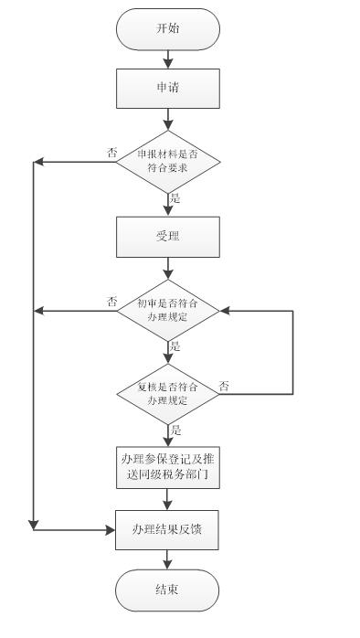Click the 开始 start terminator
tap(167, 28)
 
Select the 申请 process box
tap(167, 89)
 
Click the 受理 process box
tap(167, 237)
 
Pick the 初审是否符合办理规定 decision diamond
tap(167, 311)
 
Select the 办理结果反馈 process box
tap(167, 528)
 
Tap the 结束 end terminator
tap(167, 590)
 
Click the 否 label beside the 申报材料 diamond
tap(111, 153)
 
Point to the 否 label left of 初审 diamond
tap(111, 302)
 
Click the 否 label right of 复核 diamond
tap(224, 386)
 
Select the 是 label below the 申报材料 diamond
tap(175, 197)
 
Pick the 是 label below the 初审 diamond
tap(175, 346)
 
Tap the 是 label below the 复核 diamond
tap(175, 428)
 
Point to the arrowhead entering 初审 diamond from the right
tap(226, 311)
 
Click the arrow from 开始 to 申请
tap(167, 58)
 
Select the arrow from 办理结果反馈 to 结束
tap(167, 559)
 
